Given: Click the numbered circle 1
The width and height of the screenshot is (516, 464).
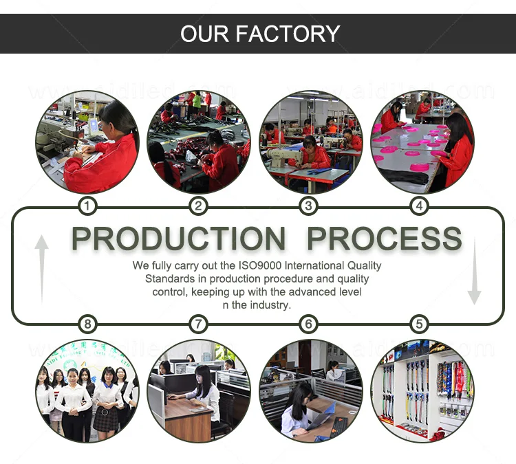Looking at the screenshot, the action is click(x=87, y=206).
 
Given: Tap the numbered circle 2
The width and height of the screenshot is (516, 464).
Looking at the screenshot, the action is click(x=198, y=206).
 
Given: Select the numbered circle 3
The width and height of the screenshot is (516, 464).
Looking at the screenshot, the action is click(x=309, y=206).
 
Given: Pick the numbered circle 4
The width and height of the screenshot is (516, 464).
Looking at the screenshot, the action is click(x=420, y=206).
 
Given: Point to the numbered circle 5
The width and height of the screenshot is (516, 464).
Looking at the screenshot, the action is click(x=420, y=324).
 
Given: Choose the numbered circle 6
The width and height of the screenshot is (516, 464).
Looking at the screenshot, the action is click(x=309, y=324).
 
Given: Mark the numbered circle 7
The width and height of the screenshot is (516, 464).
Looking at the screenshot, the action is click(x=198, y=324).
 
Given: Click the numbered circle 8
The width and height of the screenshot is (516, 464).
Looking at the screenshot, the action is click(x=87, y=324).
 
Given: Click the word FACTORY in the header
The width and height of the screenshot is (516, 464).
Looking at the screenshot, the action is click(x=289, y=33).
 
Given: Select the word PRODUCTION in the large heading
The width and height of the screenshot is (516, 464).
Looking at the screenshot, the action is click(x=178, y=239).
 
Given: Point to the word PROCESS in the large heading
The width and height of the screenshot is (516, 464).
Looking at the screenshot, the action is click(x=384, y=239).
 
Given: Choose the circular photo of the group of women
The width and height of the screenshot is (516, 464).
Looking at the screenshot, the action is click(x=87, y=390).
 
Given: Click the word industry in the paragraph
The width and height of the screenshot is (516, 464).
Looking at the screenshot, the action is click(x=269, y=305).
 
